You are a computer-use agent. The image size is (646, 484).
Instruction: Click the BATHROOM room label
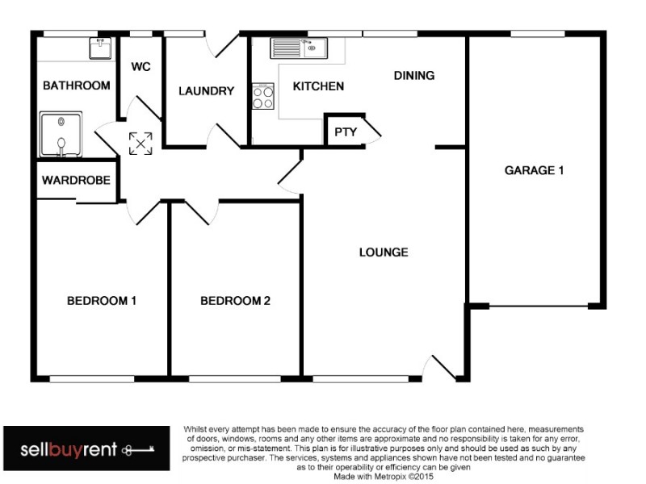click(x=76, y=86)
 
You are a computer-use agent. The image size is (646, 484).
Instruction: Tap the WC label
click(x=141, y=66)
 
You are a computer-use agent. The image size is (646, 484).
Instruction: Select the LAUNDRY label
click(x=206, y=91)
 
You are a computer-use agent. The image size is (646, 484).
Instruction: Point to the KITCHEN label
click(x=318, y=86)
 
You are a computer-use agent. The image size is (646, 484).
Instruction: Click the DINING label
click(x=414, y=76)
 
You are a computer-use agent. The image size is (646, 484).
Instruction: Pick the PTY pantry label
click(x=346, y=131)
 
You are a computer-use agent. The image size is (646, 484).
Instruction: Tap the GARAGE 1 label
click(x=534, y=170)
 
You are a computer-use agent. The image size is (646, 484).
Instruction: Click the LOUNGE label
click(x=384, y=252)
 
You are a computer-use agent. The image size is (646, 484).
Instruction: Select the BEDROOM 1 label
click(x=101, y=301)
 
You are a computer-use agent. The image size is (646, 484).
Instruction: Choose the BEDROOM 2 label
click(x=235, y=301)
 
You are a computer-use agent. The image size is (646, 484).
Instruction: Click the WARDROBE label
click(x=76, y=181)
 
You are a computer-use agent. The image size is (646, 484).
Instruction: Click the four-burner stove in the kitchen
click(x=263, y=98)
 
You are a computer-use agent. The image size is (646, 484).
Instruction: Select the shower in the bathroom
click(x=60, y=134)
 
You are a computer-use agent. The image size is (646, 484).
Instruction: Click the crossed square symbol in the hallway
click(x=141, y=144)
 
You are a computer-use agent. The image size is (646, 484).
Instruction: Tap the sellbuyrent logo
click(x=86, y=449)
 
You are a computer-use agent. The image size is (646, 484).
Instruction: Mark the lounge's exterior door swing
click(x=443, y=367)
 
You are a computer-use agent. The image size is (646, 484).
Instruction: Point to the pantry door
click(x=371, y=131)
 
